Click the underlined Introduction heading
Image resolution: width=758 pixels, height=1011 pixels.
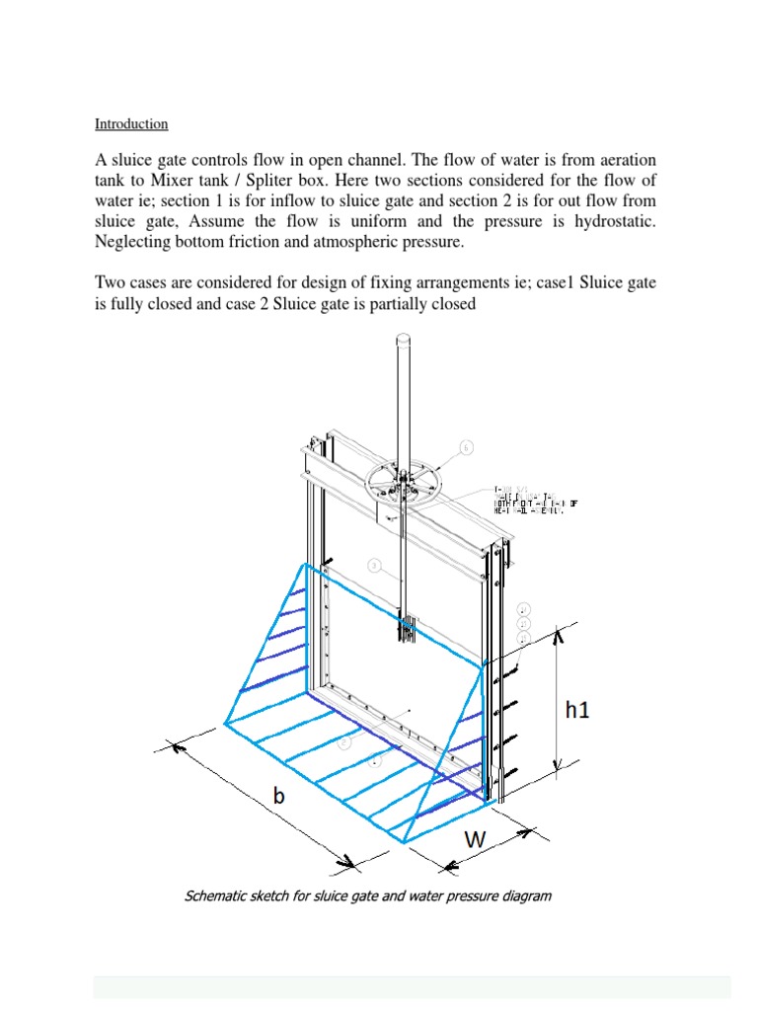131,124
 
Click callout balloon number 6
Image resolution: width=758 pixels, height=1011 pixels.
467,448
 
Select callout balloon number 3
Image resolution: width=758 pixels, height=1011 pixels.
375,566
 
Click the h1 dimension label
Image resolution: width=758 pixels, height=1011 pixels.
577,709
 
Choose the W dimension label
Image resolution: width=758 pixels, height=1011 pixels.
476,840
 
